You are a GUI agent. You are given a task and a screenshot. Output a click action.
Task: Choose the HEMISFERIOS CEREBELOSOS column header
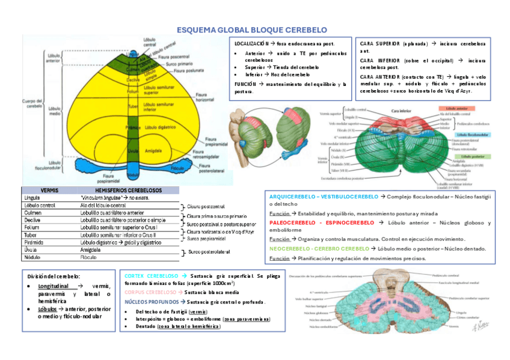click(124, 190)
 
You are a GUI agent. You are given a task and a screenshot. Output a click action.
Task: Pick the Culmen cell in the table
click(32, 212)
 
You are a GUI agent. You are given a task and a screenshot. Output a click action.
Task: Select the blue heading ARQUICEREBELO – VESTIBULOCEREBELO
click(324, 197)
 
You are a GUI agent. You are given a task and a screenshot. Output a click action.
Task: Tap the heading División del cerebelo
click(50, 276)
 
